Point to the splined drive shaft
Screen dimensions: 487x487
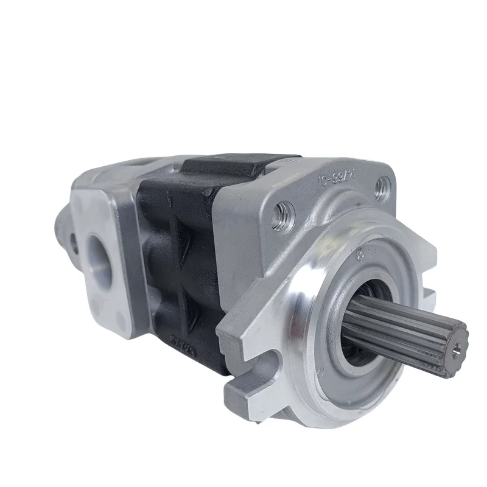click(402, 329)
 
